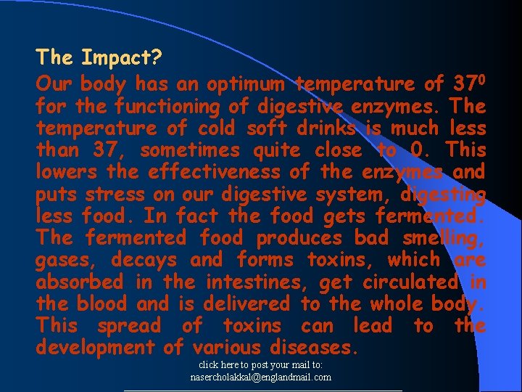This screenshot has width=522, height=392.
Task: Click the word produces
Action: click(299, 237)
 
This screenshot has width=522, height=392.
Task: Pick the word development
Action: click(96, 348)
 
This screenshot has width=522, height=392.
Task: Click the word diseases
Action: click(314, 348)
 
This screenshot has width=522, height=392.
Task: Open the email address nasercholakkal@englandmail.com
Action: click(261, 377)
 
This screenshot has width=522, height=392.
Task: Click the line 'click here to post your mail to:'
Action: click(261, 366)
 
